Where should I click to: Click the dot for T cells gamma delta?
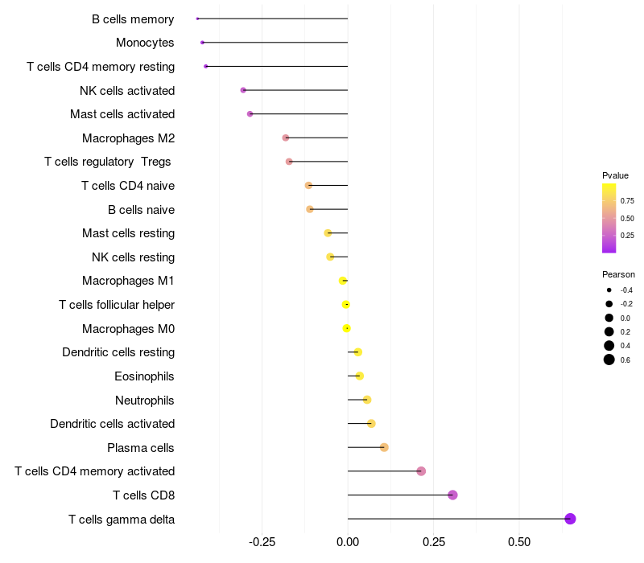point(570,519)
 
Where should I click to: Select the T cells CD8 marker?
point(452,495)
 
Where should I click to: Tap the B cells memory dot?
point(197,18)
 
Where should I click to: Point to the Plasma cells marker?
point(384,447)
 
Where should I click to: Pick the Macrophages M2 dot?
point(286,138)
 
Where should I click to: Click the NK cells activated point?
point(243,90)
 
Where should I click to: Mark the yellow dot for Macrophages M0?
point(346,328)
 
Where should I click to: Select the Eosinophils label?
point(144,376)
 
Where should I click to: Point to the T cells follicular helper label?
point(117,305)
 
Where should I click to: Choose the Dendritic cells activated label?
point(112,424)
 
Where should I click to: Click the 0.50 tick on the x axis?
point(519,542)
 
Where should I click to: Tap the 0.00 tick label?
point(348,542)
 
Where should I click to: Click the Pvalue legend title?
point(615,175)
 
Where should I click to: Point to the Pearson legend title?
point(618,274)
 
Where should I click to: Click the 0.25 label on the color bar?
point(627,236)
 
